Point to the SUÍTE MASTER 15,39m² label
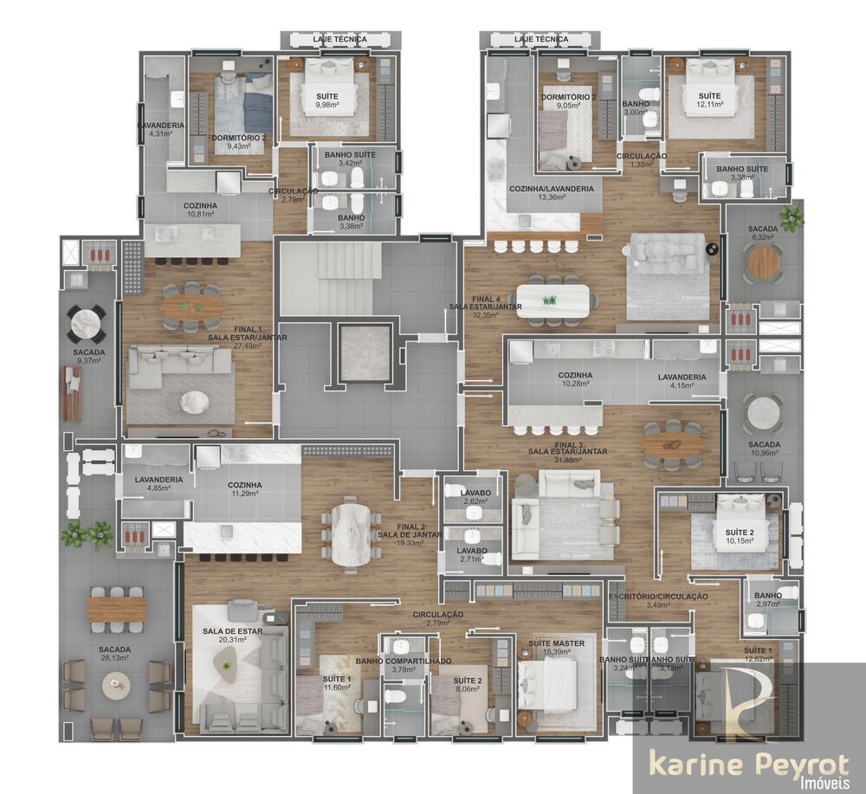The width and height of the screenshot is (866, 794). click(x=556, y=647)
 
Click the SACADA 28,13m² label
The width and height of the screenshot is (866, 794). click(x=114, y=653)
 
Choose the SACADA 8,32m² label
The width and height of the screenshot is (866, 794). click(x=763, y=232)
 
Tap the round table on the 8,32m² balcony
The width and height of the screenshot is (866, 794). click(x=763, y=263)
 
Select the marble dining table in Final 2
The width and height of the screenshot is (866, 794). click(x=350, y=534)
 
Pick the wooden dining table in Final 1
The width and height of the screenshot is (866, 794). click(x=191, y=306)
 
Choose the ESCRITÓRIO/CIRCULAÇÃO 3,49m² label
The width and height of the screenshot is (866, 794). click(x=658, y=600)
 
